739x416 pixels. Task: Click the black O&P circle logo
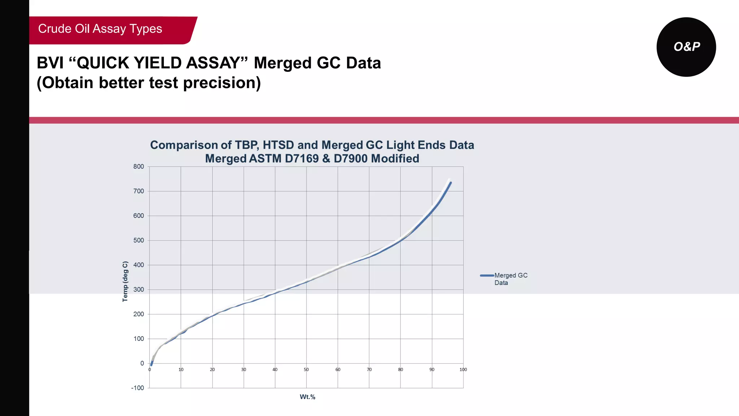click(686, 47)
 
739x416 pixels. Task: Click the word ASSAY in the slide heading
click(213, 63)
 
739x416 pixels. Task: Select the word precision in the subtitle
click(222, 83)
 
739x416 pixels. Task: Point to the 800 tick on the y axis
click(139, 167)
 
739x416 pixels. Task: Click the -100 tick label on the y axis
click(137, 388)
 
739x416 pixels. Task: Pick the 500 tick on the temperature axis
click(139, 240)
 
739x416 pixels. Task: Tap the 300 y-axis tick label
click(139, 290)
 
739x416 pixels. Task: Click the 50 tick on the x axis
click(306, 370)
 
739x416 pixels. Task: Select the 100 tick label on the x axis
click(463, 370)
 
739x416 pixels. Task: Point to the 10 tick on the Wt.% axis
click(181, 370)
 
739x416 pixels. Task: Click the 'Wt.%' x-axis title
click(307, 397)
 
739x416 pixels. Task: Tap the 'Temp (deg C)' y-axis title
click(125, 282)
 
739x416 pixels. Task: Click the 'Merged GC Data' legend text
click(511, 279)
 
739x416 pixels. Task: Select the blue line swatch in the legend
click(487, 276)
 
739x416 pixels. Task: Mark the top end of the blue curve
click(451, 183)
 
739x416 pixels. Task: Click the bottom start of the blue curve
click(151, 365)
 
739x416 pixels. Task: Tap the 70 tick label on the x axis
click(369, 370)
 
